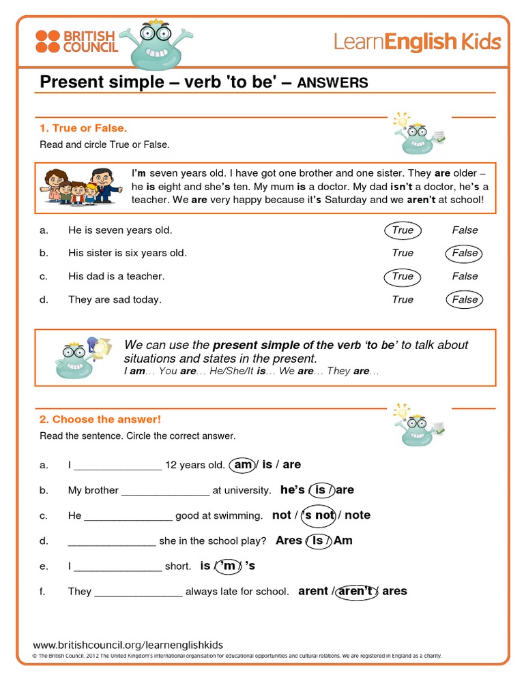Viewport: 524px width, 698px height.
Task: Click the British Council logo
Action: [76, 42]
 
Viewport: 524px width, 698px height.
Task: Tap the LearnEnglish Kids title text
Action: [417, 42]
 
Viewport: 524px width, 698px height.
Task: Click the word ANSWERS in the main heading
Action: [333, 82]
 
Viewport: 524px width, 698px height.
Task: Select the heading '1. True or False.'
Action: [83, 128]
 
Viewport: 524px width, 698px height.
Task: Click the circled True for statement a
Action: [403, 230]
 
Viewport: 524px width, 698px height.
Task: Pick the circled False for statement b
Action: [465, 253]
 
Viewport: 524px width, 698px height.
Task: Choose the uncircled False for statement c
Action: [465, 276]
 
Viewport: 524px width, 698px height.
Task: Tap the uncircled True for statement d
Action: [403, 299]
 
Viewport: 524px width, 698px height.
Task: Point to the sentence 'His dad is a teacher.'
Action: [116, 276]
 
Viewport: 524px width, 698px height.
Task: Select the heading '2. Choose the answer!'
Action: [100, 419]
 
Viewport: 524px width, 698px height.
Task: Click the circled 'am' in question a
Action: [243, 465]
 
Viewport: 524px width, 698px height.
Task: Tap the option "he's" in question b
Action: [292, 490]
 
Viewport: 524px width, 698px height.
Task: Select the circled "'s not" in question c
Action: [319, 515]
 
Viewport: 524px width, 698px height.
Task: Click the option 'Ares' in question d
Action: [289, 541]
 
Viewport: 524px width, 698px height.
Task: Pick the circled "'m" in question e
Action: [229, 566]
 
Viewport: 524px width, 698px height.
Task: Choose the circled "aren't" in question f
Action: [355, 591]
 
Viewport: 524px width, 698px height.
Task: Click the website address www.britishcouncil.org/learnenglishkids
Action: [128, 645]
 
